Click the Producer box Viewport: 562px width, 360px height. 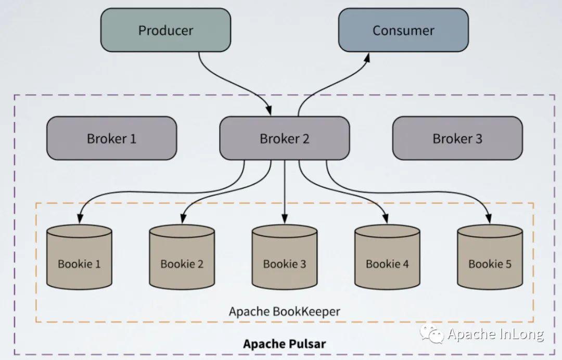(165, 30)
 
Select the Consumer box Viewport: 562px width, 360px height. (403, 30)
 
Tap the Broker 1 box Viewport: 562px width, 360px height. (111, 138)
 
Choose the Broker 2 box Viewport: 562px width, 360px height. (284, 138)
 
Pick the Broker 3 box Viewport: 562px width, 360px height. (457, 138)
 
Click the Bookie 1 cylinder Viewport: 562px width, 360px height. (79, 257)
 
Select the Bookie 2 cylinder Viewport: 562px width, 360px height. (182, 257)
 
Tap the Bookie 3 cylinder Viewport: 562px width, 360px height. (285, 257)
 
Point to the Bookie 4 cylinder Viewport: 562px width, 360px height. (387, 257)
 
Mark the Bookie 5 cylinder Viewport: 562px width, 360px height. (490, 257)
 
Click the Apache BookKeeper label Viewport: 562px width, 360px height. (284, 312)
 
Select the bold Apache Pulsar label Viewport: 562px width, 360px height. (285, 344)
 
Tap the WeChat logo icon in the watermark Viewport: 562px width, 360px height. (432, 334)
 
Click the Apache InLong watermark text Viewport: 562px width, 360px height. (496, 334)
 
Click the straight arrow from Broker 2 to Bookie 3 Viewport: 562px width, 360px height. (285, 192)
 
